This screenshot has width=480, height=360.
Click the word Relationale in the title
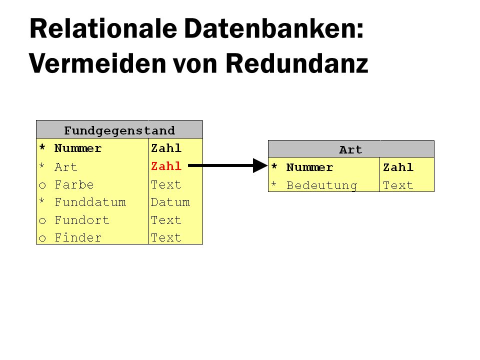point(103,28)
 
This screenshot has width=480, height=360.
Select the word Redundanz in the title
point(296,63)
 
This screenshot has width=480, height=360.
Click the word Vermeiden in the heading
point(97,63)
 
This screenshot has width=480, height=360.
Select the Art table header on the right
point(351,149)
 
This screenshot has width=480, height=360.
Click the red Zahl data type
point(166,166)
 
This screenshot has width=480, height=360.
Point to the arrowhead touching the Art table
point(260,165)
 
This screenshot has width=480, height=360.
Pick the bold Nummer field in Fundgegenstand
point(78,148)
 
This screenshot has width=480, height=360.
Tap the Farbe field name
point(74,184)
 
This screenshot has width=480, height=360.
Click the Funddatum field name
point(90,202)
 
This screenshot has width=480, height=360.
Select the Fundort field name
point(82,220)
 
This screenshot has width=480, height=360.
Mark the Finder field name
point(78,238)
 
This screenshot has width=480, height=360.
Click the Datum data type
point(170,202)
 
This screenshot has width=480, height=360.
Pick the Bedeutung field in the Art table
point(321,185)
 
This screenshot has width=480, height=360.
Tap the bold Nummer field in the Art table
point(309,167)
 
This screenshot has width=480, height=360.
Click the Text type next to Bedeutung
point(398,185)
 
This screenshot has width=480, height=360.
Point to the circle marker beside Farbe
point(42,185)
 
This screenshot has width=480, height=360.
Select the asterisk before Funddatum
point(42,201)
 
